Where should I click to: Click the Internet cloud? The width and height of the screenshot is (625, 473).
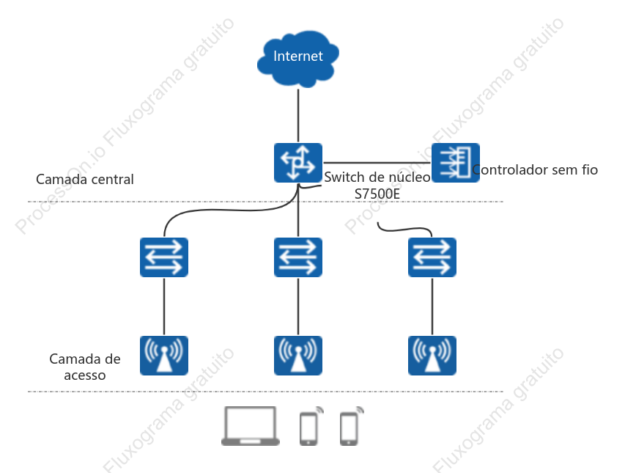(x=298, y=58)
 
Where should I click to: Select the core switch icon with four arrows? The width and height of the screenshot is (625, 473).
(x=298, y=163)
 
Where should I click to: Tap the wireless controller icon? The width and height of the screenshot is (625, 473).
(x=456, y=163)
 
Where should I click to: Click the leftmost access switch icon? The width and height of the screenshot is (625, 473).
(x=164, y=257)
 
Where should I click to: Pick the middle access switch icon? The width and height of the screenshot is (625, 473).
(x=298, y=257)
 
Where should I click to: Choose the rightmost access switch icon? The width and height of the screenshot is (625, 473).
(x=432, y=257)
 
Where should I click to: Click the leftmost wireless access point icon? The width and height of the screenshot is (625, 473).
(x=164, y=356)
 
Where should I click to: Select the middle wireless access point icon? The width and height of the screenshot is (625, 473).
(x=298, y=356)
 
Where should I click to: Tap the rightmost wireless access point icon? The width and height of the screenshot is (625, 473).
(x=432, y=356)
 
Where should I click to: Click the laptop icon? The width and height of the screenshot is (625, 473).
(x=251, y=426)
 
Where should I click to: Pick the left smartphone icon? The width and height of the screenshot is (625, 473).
(x=311, y=426)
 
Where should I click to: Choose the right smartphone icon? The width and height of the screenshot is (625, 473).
(x=351, y=426)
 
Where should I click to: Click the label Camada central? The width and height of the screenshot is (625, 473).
(x=85, y=180)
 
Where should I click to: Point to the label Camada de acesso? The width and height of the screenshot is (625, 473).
(x=85, y=367)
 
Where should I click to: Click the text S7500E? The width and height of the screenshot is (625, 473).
(x=377, y=194)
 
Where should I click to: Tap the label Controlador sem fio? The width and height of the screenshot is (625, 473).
(x=535, y=170)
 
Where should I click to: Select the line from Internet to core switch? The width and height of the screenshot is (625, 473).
(x=298, y=116)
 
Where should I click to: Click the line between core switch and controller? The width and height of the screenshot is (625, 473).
(x=377, y=163)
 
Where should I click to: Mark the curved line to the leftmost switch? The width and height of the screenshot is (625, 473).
(x=223, y=210)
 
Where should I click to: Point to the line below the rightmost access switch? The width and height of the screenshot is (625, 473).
(x=432, y=307)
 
